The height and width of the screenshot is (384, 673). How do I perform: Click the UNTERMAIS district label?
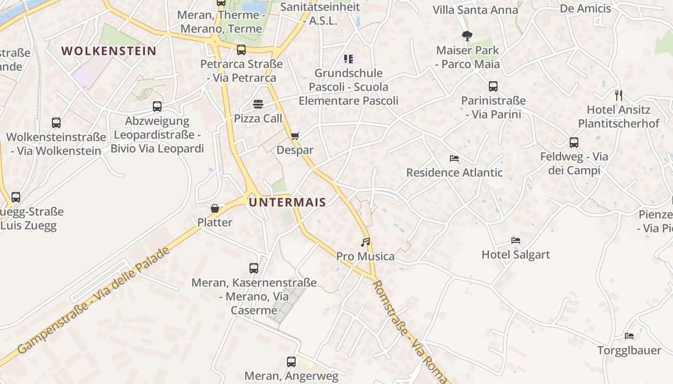pyautogui.click(x=287, y=202)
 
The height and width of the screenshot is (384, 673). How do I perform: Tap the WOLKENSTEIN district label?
pyautogui.click(x=109, y=51)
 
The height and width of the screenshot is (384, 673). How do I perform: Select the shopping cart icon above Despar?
pyautogui.click(x=295, y=136)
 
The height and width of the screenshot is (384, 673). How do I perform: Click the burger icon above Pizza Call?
pyautogui.click(x=258, y=104)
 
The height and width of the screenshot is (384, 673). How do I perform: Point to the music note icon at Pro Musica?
pyautogui.click(x=366, y=242)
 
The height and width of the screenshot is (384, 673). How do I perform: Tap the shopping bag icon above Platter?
pyautogui.click(x=215, y=208)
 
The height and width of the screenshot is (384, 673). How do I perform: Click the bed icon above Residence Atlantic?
pyautogui.click(x=454, y=158)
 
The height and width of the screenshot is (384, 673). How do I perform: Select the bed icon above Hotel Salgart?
pyautogui.click(x=516, y=240)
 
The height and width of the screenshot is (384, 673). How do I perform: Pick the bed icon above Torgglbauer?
pyautogui.click(x=629, y=336)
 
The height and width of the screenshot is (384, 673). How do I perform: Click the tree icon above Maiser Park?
pyautogui.click(x=467, y=36)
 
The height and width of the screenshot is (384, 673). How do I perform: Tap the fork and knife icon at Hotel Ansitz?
pyautogui.click(x=618, y=95)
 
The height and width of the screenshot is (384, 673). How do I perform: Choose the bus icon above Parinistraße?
pyautogui.click(x=493, y=86)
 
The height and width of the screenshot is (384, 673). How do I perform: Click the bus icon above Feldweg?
pyautogui.click(x=574, y=143)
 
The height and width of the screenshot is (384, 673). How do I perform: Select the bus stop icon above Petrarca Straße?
pyautogui.click(x=241, y=49)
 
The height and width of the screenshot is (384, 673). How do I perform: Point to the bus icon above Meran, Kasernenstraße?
pyautogui.click(x=254, y=268)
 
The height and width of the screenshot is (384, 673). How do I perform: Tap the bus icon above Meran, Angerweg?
pyautogui.click(x=291, y=362)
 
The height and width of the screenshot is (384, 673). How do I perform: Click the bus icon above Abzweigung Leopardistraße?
pyautogui.click(x=157, y=107)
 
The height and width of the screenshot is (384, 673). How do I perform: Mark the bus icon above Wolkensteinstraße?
pyautogui.click(x=56, y=123)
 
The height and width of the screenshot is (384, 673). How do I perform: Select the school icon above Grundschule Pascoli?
pyautogui.click(x=349, y=59)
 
